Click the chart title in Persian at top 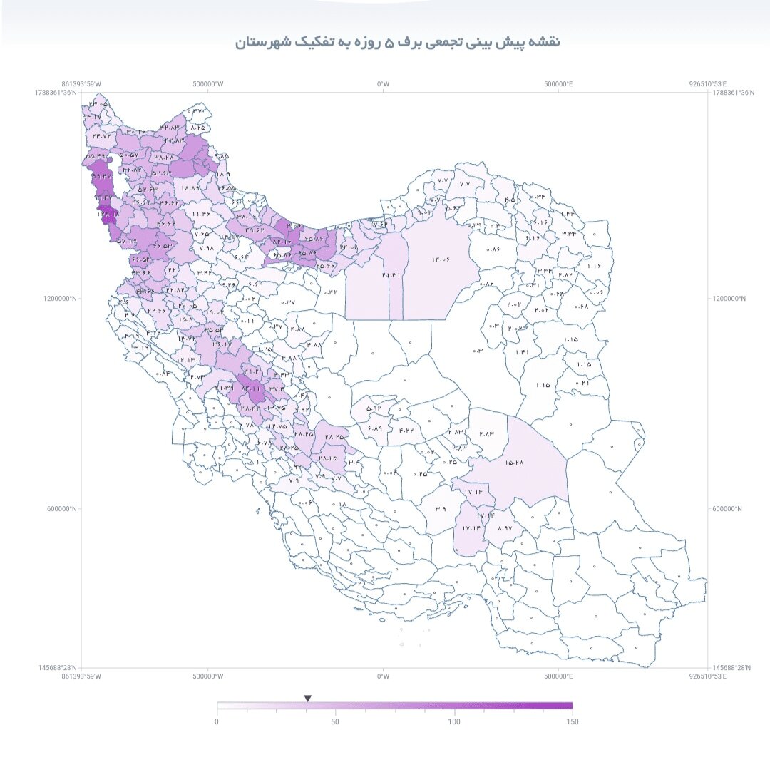coord(398,42)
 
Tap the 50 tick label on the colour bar coord(335,722)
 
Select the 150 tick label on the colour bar coord(572,722)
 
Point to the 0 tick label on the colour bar coord(217,722)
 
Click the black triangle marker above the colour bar coord(307,699)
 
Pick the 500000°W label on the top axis coord(207,84)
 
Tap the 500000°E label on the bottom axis coord(560,676)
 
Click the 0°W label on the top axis coord(384,84)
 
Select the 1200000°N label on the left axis coord(61,299)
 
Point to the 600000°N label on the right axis coord(727,509)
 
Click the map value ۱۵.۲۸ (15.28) coord(515,463)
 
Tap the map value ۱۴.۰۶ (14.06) coord(441,260)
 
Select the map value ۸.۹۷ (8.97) coord(505,528)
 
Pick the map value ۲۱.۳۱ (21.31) coord(391,274)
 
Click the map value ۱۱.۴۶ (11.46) coord(200,213)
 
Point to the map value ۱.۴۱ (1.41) coord(523,352)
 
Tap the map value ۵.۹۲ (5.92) coord(374,409)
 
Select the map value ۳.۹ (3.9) coord(440,509)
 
